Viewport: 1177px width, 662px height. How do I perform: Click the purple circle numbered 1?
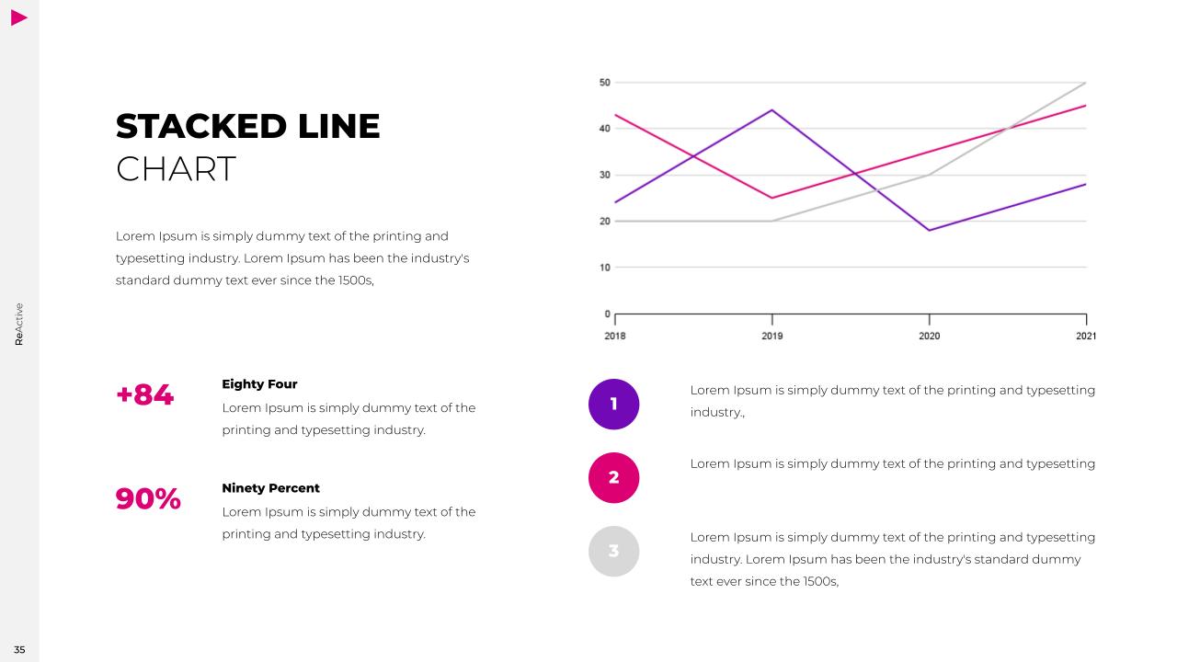(x=613, y=404)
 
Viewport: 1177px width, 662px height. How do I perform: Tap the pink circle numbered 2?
(x=613, y=477)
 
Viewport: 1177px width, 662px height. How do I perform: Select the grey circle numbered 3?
(x=613, y=551)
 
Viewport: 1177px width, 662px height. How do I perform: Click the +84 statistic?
(x=145, y=395)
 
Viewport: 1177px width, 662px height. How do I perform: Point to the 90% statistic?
(x=148, y=499)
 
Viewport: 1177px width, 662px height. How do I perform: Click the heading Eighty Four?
(x=259, y=384)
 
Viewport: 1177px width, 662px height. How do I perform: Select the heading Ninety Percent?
(x=270, y=488)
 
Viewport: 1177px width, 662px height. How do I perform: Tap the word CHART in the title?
(x=176, y=169)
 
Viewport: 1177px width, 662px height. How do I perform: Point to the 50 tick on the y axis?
(x=604, y=83)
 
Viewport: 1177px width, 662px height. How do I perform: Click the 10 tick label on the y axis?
(x=604, y=268)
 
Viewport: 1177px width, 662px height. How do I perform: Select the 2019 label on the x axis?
(x=772, y=337)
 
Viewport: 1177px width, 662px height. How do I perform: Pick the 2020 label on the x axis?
(x=929, y=337)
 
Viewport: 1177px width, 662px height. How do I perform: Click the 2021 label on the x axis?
(x=1086, y=337)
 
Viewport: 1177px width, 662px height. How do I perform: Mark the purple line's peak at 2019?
(x=772, y=110)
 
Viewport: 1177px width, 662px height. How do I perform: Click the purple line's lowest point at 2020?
(x=929, y=230)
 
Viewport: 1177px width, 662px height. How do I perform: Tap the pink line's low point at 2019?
(x=772, y=198)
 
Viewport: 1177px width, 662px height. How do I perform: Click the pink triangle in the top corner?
(x=19, y=17)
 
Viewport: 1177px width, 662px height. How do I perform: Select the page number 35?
(x=19, y=650)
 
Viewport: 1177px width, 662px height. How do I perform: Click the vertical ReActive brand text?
(x=19, y=324)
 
